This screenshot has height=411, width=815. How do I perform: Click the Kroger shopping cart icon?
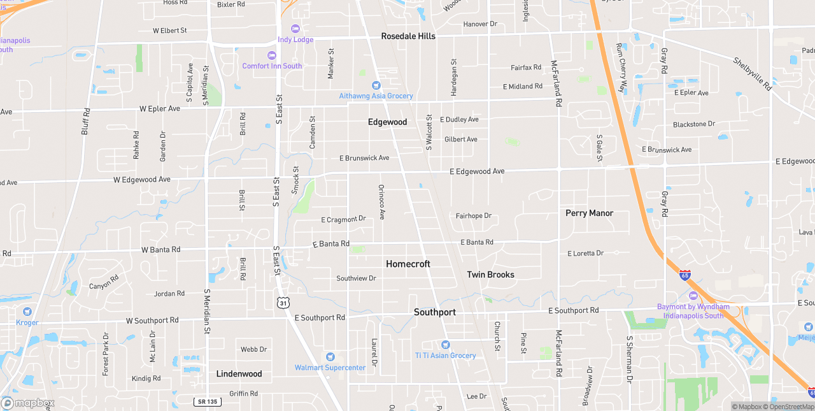coord(27,312)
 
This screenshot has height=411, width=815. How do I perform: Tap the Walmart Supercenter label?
coord(330,368)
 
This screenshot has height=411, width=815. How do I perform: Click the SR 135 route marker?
coord(208,401)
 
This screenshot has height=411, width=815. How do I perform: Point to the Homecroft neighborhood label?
coord(408,264)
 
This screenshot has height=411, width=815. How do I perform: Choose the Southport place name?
coord(435,312)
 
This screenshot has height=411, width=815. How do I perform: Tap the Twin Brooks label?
coord(490,275)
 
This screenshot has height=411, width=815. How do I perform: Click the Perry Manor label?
coord(589,213)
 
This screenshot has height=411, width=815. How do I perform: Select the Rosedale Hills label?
coord(408,36)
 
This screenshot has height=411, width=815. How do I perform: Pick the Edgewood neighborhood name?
coord(387,122)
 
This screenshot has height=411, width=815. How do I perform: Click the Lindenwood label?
coord(239,374)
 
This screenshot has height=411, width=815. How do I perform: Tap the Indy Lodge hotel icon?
coord(295,29)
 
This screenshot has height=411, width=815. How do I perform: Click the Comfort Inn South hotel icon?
coord(272,55)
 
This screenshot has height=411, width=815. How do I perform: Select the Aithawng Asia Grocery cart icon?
coord(376,85)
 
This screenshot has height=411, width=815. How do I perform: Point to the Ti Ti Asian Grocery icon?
coord(445,345)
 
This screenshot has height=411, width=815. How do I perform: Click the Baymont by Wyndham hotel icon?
coord(693,296)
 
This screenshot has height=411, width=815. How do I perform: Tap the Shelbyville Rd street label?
coord(752,74)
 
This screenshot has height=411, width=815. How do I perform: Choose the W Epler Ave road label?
coord(159,109)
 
